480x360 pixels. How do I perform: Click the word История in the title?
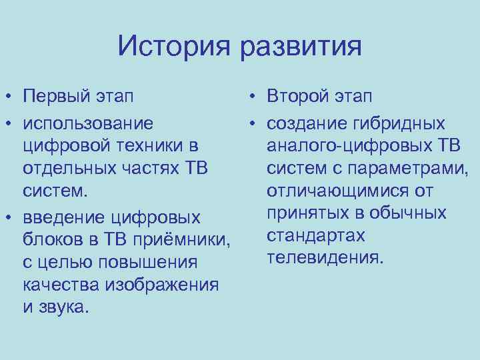175,47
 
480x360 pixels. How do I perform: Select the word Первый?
56,97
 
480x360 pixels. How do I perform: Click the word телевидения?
325,258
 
